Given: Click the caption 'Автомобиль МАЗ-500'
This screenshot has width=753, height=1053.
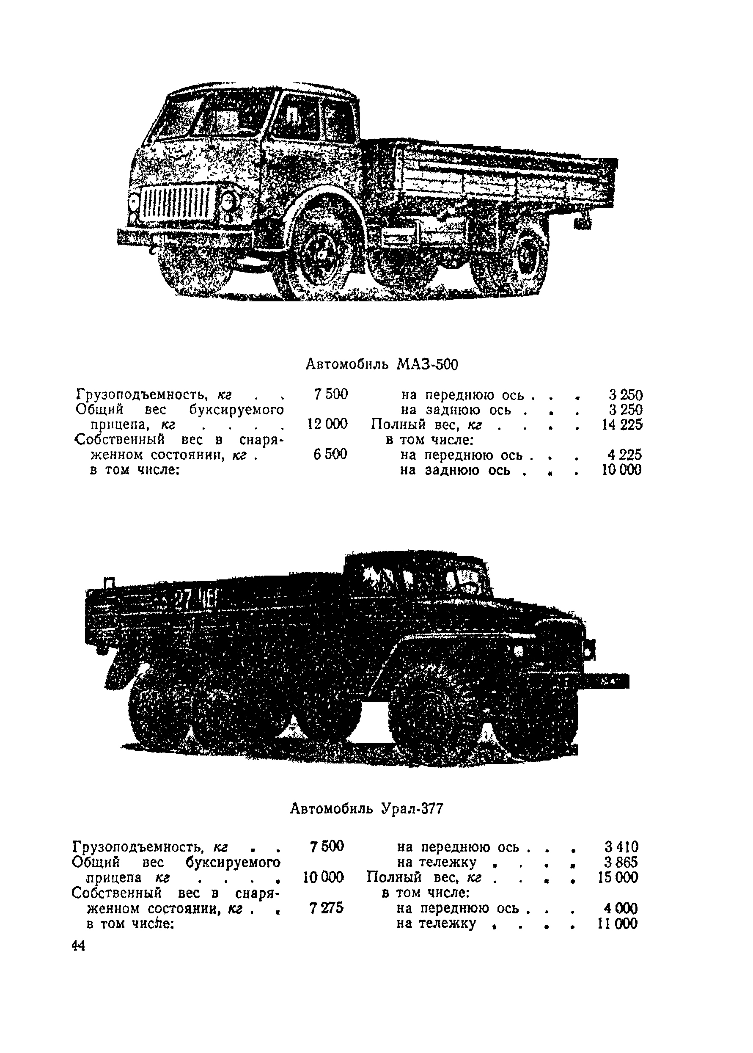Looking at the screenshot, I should pos(381,365).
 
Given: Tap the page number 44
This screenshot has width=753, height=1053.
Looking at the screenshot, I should pos(79,945).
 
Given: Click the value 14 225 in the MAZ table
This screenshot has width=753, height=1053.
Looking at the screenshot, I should pos(622,425).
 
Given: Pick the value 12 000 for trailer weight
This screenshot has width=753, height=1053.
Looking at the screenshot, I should pos(327,424).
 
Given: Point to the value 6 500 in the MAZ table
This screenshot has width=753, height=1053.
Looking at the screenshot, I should pos(330,455).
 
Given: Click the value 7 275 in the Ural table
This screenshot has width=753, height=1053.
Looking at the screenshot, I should pos(327,908).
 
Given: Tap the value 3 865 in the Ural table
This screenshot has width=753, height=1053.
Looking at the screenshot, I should pos(621,863).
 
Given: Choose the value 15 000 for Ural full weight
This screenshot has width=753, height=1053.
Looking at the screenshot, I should pos(618,878).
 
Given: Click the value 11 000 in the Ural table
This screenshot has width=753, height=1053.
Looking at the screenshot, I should pos(618,923).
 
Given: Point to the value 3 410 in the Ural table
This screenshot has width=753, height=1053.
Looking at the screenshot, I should pos(621,847).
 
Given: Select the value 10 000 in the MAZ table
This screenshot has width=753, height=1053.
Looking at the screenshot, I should pos(621,470).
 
